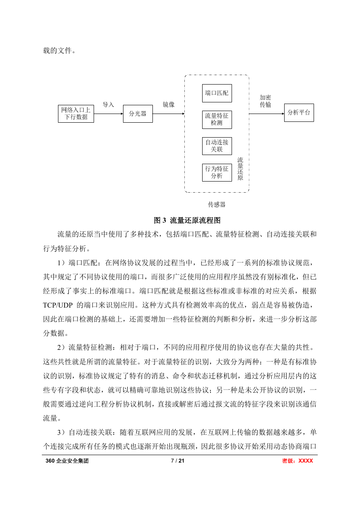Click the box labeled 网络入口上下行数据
click(x=76, y=114)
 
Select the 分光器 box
click(x=138, y=114)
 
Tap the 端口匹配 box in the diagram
click(x=217, y=93)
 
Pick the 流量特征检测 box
click(x=217, y=120)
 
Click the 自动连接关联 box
click(x=217, y=146)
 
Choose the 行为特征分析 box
click(x=217, y=173)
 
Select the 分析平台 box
click(x=299, y=113)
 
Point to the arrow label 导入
click(x=109, y=105)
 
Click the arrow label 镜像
click(x=169, y=105)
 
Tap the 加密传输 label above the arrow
click(x=265, y=101)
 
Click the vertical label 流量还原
click(x=240, y=169)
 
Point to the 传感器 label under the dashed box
click(x=217, y=204)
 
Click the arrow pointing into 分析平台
click(x=267, y=114)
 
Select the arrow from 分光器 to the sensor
click(x=169, y=114)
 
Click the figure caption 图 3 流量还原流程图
click(x=187, y=220)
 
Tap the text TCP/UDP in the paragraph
click(x=58, y=305)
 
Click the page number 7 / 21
click(x=178, y=461)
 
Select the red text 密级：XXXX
click(x=297, y=461)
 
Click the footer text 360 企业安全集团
click(x=67, y=461)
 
